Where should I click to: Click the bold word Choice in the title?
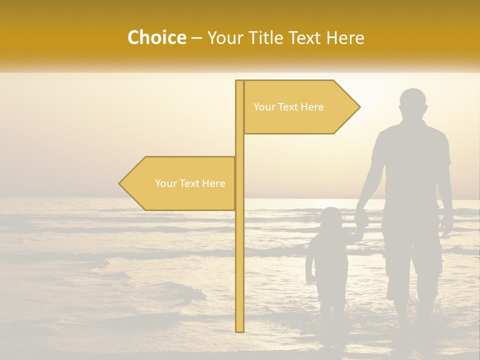click(156, 38)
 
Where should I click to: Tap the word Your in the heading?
click(225, 38)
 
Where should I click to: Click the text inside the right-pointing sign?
click(288, 107)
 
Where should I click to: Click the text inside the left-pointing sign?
click(190, 183)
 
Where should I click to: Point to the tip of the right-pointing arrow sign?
click(359, 106)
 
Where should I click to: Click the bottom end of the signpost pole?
click(239, 330)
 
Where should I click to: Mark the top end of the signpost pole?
click(239, 82)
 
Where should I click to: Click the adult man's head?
click(413, 104)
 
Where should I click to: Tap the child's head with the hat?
click(330, 218)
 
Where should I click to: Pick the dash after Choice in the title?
click(196, 38)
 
